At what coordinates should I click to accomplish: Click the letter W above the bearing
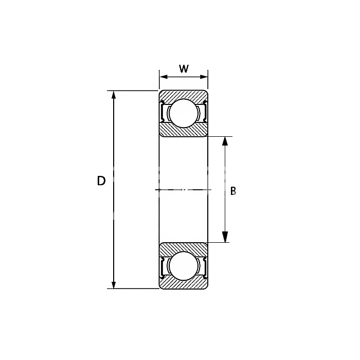(x=184, y=68)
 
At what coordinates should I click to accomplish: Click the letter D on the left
(x=101, y=181)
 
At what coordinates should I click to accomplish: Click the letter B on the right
(x=233, y=191)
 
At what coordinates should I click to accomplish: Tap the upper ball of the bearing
(x=183, y=113)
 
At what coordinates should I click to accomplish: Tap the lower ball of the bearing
(x=183, y=266)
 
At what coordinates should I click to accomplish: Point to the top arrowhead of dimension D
(x=114, y=95)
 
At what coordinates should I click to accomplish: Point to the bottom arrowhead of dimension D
(x=114, y=285)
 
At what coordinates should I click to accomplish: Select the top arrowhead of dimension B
(x=225, y=141)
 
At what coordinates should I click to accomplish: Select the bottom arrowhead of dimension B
(x=225, y=238)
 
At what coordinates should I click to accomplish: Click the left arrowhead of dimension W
(x=164, y=77)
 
